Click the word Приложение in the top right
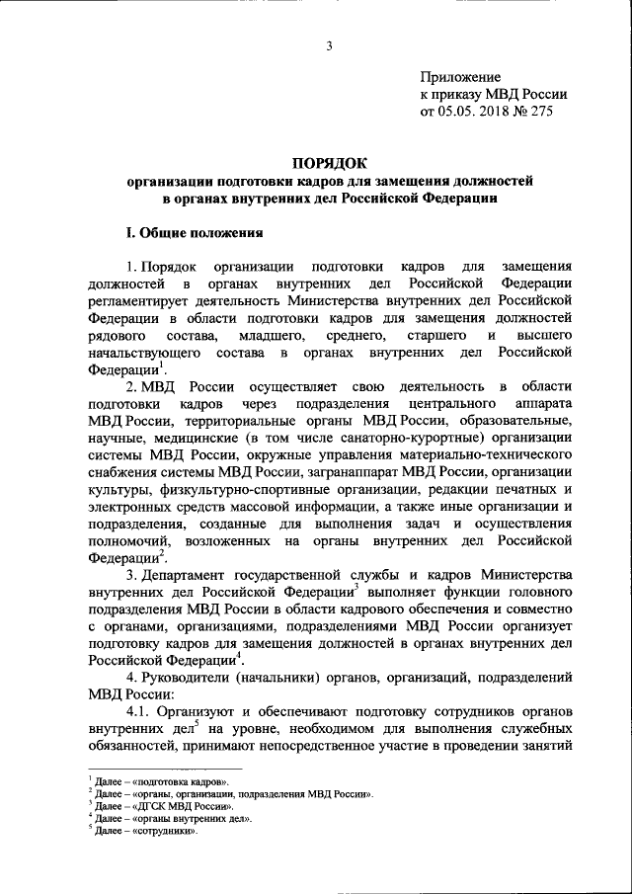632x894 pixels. click(x=460, y=77)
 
